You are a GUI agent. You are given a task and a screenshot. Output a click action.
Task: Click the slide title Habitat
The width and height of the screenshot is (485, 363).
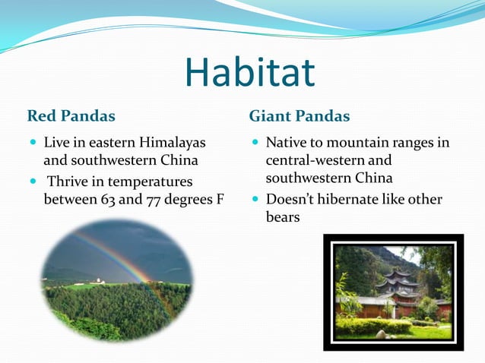tap(249, 73)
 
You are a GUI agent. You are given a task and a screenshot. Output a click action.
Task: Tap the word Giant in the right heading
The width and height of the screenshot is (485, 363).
tap(269, 116)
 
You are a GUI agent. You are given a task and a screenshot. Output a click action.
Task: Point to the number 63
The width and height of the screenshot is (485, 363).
tap(109, 200)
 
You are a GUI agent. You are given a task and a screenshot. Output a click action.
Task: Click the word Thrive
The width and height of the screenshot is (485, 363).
tap(69, 182)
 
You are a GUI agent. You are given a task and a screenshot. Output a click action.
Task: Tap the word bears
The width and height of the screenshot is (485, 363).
tap(283, 217)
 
